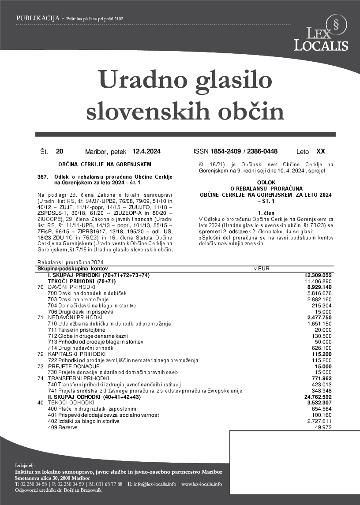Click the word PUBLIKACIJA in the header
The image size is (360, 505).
pos(38,19)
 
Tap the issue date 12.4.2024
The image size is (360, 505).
pos(146,152)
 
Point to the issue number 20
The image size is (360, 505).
pos(60,152)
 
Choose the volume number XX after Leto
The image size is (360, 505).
pos(321,151)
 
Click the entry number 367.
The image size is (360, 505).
pos(43,177)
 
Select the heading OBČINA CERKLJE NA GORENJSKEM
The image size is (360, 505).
pos(105,165)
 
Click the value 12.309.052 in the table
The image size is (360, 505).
pos(318,275)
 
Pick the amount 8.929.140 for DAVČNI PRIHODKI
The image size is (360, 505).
pos(319,287)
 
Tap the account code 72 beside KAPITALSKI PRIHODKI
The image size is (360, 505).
pos(41,354)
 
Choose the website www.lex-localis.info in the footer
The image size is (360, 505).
pos(202,484)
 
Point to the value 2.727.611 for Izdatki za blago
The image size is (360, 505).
pos(319,421)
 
